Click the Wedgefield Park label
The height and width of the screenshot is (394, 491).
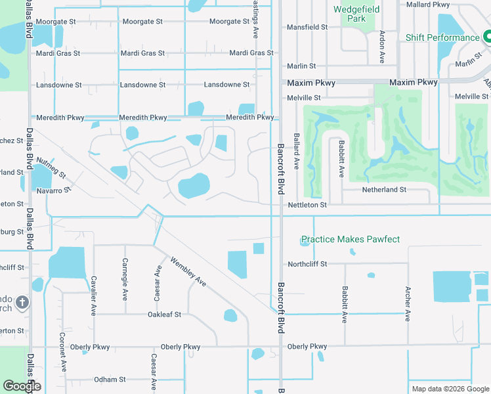click(358, 14)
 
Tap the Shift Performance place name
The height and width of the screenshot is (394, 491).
click(442, 37)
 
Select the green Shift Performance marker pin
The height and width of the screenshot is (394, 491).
click(486, 37)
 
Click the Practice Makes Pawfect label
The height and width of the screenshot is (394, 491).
click(350, 240)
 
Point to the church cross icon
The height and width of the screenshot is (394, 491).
click(22, 303)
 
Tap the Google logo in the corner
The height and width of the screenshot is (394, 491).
click(22, 386)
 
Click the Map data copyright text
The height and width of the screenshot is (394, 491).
click(450, 389)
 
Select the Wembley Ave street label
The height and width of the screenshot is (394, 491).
click(188, 271)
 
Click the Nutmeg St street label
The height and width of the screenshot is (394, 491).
click(51, 168)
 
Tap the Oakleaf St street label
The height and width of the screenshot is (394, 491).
click(164, 315)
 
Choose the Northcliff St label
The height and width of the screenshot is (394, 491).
click(307, 264)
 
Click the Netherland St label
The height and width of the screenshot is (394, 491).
click(385, 189)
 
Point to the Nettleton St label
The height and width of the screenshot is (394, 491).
click(307, 206)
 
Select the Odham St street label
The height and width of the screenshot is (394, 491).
click(110, 380)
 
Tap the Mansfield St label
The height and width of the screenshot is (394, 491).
click(307, 28)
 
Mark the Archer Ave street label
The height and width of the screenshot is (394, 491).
click(408, 303)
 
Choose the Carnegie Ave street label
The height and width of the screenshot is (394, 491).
click(125, 276)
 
